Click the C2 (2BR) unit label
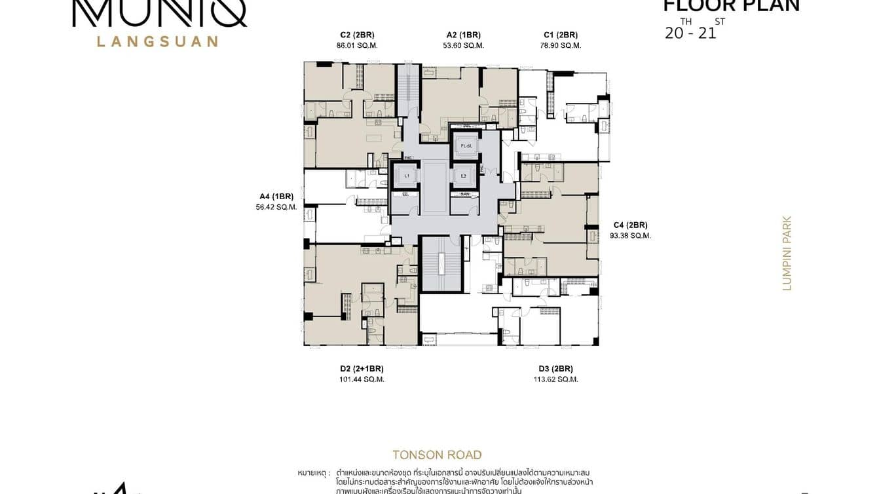(357, 35)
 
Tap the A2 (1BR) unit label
(463, 35)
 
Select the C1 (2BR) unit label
(561, 35)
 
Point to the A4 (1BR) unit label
(276, 196)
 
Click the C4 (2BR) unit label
(630, 225)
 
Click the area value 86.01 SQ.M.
(357, 46)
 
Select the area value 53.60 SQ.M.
(463, 46)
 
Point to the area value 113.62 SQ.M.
(557, 379)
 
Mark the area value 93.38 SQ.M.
(630, 236)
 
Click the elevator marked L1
(406, 176)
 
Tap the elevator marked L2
(463, 176)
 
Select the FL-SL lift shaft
(466, 145)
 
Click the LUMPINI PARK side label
(787, 253)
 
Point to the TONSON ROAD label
(437, 455)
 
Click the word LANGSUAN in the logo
(157, 41)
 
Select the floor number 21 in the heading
(707, 33)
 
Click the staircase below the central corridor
(441, 264)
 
